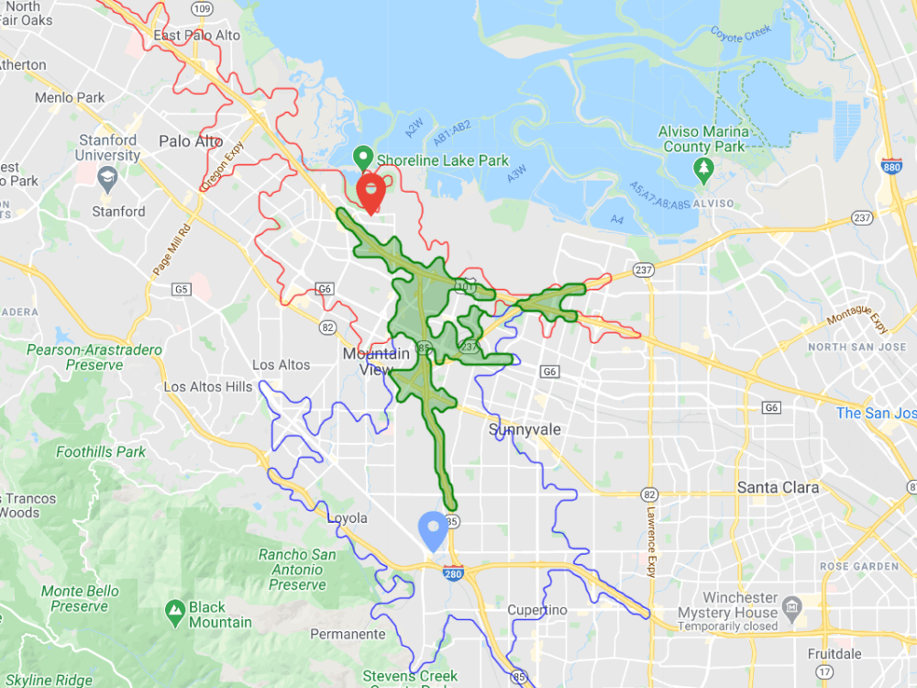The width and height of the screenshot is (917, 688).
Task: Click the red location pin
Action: tap(370, 192)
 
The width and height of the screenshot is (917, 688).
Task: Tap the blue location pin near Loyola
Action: tap(433, 529)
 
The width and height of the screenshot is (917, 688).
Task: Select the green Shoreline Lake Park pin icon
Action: tap(363, 157)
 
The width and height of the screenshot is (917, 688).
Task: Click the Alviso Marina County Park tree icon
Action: tap(703, 168)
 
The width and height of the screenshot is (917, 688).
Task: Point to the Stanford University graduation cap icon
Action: tap(107, 178)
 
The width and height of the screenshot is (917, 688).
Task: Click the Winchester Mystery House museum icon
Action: tap(793, 606)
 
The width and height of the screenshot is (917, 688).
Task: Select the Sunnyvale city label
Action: tap(525, 429)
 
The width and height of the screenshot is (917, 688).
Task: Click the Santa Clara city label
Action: tap(778, 487)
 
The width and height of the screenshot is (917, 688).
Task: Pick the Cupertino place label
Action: tap(537, 610)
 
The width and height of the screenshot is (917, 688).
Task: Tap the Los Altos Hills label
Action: tap(207, 386)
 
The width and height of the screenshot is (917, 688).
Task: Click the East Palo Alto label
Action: tap(197, 35)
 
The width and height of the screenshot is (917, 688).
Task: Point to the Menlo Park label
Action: tap(70, 97)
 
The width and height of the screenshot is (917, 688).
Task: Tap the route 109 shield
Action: tap(203, 8)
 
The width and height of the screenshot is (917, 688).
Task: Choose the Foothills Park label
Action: tap(101, 451)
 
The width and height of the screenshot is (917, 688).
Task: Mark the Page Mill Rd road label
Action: tap(162, 250)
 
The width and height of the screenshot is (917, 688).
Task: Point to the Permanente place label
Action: tap(348, 634)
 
